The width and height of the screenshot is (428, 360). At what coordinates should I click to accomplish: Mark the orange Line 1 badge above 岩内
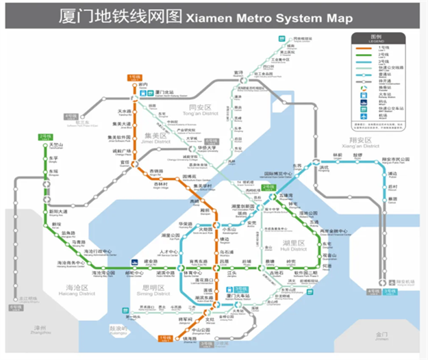coord(134,77)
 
